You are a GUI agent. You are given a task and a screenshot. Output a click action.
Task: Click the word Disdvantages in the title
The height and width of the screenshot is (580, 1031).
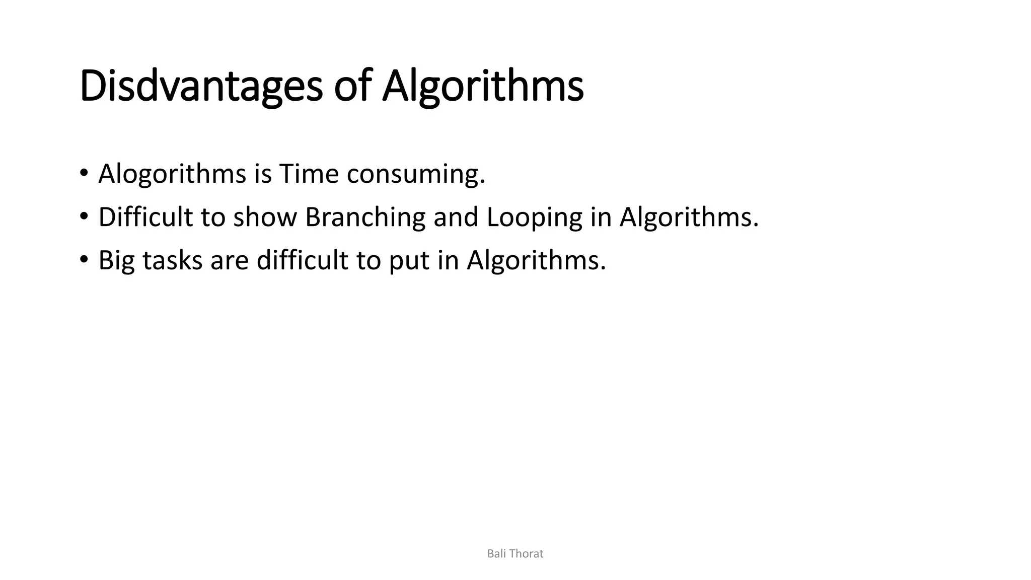pyautogui.click(x=200, y=87)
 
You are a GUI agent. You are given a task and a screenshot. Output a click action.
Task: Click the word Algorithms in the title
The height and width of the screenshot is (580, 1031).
pyautogui.click(x=482, y=87)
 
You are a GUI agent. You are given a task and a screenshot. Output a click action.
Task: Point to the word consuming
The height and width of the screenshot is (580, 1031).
pyautogui.click(x=415, y=174)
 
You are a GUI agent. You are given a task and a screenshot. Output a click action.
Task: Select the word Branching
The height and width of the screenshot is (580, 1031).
pyautogui.click(x=365, y=217)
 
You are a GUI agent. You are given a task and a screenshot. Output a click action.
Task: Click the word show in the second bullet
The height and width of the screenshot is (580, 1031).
pyautogui.click(x=265, y=217)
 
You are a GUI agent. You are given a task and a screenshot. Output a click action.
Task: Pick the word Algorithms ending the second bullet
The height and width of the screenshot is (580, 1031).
pyautogui.click(x=688, y=217)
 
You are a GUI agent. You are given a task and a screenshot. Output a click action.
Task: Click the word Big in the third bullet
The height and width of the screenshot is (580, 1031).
pyautogui.click(x=116, y=261)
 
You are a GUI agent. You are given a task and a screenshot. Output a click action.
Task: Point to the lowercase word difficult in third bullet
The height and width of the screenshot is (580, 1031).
pyautogui.click(x=302, y=261)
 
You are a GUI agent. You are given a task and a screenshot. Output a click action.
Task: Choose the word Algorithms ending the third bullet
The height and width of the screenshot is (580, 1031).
pyautogui.click(x=536, y=261)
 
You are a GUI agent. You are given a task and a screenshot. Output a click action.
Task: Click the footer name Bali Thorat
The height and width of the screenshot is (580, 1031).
pyautogui.click(x=515, y=554)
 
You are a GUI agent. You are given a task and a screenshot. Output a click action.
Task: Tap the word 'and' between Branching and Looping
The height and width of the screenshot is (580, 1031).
pyautogui.click(x=456, y=217)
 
